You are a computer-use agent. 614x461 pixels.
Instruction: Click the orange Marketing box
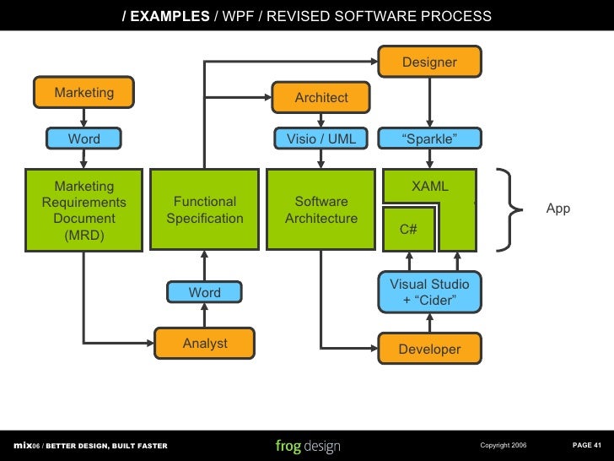83,92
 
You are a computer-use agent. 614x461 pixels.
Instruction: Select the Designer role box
429,62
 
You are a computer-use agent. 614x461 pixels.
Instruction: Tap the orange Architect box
320,97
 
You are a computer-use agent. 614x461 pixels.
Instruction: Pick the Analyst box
204,343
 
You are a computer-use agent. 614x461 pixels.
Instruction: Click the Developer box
429,349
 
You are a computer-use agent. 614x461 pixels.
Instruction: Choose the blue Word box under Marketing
83,138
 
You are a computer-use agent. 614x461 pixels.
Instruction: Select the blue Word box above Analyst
204,292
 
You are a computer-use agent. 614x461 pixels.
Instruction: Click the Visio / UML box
320,138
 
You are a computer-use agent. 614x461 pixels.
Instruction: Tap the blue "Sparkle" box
429,138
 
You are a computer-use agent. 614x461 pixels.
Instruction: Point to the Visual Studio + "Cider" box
429,292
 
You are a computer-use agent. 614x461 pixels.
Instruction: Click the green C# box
408,229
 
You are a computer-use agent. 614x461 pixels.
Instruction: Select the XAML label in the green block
429,186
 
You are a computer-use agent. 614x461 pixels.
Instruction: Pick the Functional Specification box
204,209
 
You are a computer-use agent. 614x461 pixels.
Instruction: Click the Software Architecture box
320,209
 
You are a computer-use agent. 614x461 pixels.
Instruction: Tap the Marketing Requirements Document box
83,209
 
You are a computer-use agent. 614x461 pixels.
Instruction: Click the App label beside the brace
558,209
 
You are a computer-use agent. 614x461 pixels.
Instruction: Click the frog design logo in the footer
308,446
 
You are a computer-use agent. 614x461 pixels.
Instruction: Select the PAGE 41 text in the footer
587,445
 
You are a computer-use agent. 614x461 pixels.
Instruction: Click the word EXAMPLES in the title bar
170,16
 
